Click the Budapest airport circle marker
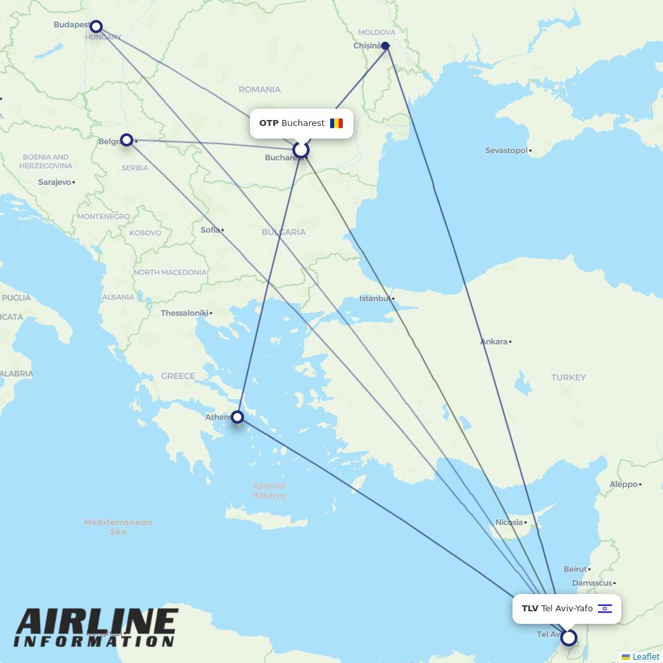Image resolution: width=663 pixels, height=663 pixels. click(96, 27)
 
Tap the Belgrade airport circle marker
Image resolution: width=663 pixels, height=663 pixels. click(127, 140)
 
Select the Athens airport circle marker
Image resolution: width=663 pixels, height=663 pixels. click(237, 417)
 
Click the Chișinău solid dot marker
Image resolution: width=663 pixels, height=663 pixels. click(385, 46)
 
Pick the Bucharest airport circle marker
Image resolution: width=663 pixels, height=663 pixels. click(301, 151)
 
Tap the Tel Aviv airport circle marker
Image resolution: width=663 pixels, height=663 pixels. click(568, 638)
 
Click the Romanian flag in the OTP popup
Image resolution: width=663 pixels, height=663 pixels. click(337, 123)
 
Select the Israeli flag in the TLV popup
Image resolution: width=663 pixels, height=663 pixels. click(605, 609)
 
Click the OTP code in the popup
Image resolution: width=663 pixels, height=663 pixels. click(269, 123)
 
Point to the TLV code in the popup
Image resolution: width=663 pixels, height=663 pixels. click(530, 609)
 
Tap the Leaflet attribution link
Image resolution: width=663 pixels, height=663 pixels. click(645, 656)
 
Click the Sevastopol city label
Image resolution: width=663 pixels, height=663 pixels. click(507, 151)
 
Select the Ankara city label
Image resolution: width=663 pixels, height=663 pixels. click(494, 342)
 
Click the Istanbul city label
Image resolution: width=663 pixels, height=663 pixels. click(375, 298)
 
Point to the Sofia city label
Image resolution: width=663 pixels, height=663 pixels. click(210, 230)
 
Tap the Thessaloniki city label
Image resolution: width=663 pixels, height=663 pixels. click(184, 313)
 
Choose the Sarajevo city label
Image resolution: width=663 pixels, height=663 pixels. click(54, 182)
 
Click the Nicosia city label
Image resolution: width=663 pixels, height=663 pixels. click(509, 522)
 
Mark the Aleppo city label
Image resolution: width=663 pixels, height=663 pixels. click(623, 485)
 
